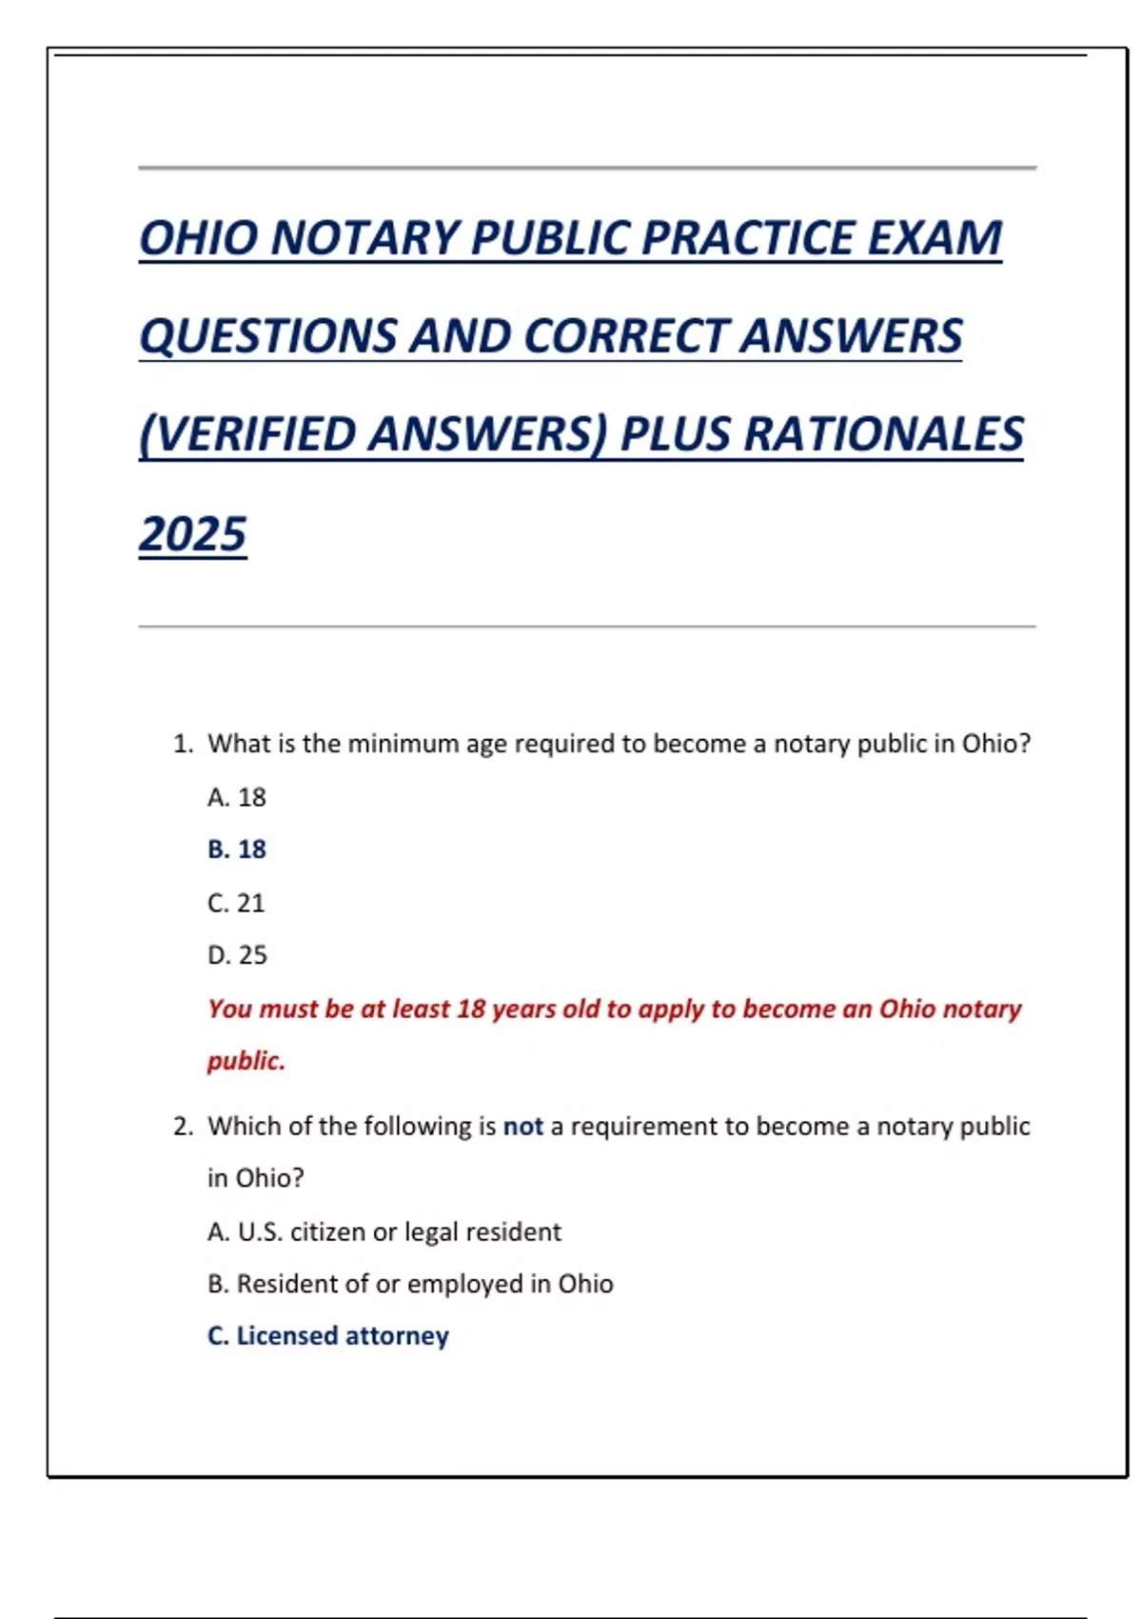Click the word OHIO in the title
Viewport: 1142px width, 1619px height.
[198, 238]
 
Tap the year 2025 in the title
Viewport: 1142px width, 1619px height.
[193, 533]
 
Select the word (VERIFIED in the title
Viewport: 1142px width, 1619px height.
[247, 434]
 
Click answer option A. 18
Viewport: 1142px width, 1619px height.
[237, 797]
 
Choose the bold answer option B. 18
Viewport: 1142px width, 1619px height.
[237, 849]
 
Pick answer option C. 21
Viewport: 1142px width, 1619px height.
[236, 903]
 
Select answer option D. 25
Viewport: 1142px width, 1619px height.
[237, 955]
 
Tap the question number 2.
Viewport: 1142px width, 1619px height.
[183, 1127]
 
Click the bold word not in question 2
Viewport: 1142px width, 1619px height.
[522, 1127]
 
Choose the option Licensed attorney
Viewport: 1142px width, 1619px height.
[342, 1336]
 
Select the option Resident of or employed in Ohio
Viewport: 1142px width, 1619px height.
[423, 1284]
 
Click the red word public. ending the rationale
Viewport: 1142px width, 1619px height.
[246, 1061]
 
